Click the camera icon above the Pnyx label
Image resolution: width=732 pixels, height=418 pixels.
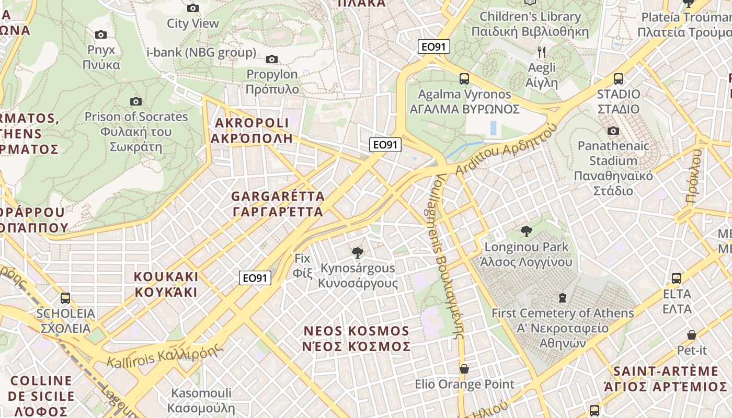click(101, 35)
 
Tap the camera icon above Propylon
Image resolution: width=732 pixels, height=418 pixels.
click(272, 59)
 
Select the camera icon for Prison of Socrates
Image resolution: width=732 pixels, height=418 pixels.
click(136, 101)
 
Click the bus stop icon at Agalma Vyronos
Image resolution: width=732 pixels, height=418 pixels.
click(464, 79)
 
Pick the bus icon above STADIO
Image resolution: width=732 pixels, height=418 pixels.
click(619, 79)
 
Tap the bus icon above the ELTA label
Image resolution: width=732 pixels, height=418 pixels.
click(677, 278)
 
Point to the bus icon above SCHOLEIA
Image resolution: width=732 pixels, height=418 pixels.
click(65, 298)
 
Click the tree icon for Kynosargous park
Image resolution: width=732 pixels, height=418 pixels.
click(358, 253)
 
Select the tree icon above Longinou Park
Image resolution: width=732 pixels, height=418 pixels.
click(527, 231)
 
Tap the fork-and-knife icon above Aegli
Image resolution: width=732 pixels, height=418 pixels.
click(542, 52)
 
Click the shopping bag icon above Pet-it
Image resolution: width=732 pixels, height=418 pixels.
click(692, 335)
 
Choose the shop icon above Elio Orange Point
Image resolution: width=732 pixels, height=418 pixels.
click(464, 369)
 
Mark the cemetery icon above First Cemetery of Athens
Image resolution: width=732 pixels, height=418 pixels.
click(563, 298)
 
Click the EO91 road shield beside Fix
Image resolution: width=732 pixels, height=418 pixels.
click(256, 278)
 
